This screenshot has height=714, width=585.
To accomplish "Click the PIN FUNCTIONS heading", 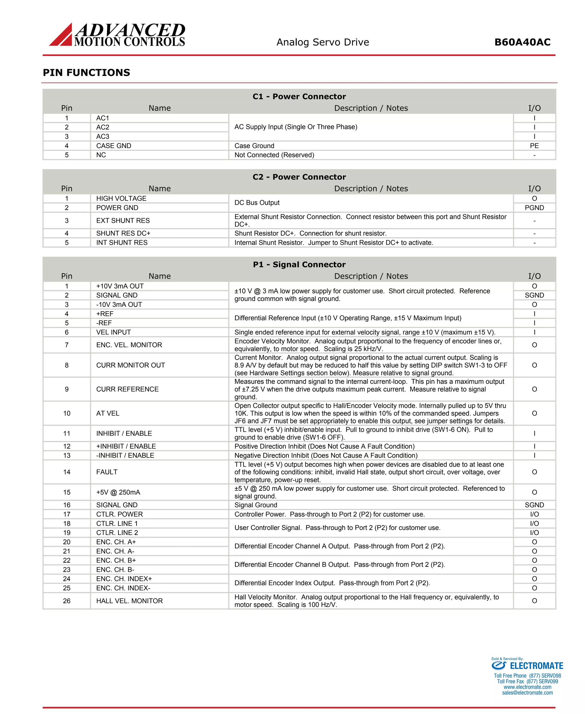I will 86,73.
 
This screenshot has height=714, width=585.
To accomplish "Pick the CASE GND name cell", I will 114,146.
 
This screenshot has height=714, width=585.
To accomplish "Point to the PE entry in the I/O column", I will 534,146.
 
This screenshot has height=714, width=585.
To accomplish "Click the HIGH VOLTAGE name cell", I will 121,198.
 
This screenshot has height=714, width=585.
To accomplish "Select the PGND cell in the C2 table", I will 534,208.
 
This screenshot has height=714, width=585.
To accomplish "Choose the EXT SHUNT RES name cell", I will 123,221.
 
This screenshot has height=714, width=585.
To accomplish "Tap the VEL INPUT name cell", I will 113,332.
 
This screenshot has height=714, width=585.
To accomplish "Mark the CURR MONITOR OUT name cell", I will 131,365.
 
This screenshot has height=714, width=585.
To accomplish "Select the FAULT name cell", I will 107,472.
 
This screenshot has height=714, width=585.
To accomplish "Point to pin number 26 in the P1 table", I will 67,601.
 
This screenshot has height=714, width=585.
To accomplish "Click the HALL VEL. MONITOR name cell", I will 129,601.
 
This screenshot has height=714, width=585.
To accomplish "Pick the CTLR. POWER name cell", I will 119,514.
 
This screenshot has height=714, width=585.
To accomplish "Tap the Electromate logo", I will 527,665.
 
